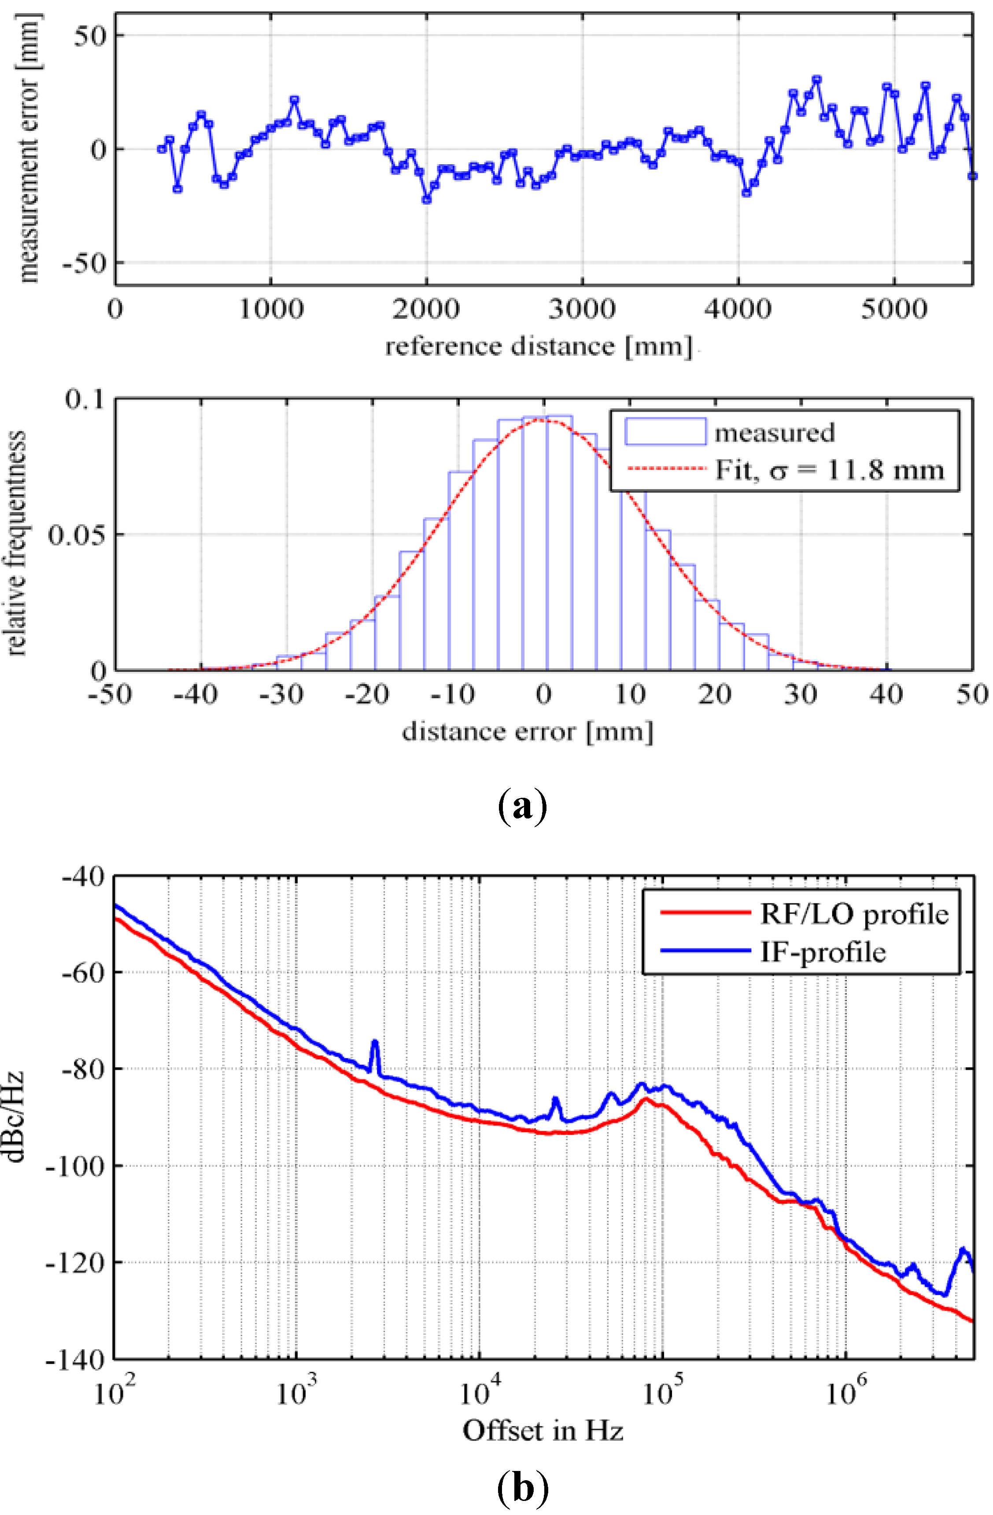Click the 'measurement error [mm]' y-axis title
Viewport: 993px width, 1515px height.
point(28,147)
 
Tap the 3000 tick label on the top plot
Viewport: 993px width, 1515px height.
point(582,310)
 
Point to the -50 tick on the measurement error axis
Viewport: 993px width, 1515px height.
point(84,263)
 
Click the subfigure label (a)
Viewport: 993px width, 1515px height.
point(521,807)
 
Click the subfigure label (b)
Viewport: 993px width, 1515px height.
point(521,1488)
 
